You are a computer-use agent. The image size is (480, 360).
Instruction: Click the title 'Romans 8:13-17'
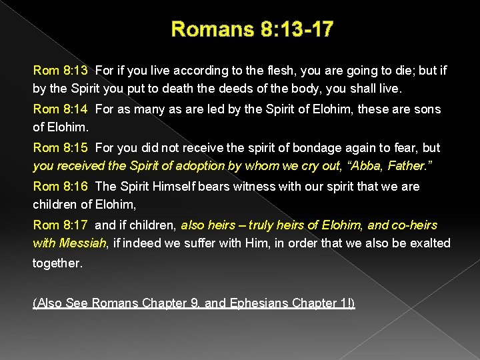click(x=253, y=29)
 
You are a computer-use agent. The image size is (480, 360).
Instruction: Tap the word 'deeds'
click(x=252, y=87)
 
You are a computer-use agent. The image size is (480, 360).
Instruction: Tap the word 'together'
click(x=57, y=263)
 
